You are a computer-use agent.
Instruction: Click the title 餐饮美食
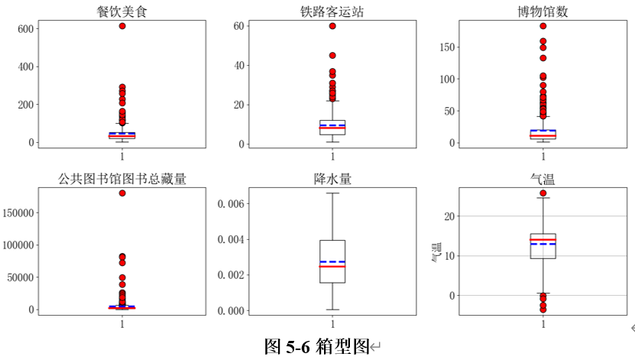122,11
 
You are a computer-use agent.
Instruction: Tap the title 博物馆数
543,11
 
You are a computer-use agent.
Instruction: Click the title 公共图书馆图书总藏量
122,179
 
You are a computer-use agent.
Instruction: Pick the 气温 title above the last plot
543,179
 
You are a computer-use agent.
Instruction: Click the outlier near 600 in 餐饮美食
122,26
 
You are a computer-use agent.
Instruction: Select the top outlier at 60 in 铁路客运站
332,26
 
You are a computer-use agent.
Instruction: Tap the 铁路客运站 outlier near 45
332,55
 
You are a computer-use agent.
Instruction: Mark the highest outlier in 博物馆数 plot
543,26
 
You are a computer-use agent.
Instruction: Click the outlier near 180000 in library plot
122,193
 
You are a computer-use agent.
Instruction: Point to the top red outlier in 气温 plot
543,193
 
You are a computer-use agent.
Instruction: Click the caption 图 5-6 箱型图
317,347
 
